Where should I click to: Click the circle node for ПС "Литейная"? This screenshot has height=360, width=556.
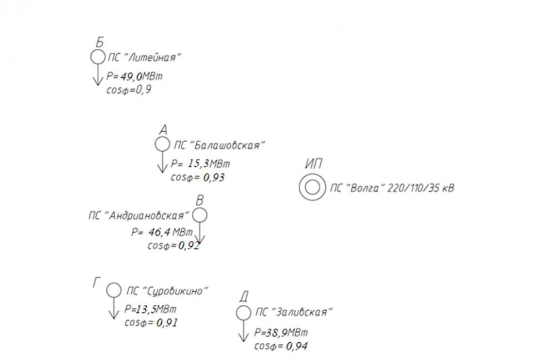click(97, 57)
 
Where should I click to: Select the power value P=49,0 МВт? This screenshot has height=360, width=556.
click(135, 77)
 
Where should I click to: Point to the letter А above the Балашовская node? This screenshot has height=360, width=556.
click(163, 130)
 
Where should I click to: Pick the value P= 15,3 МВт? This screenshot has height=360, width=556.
click(200, 164)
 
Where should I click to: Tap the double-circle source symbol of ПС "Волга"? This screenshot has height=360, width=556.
click(311, 187)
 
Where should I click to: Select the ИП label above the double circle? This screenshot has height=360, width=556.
click(315, 164)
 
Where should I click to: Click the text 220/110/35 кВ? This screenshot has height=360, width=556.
click(421, 188)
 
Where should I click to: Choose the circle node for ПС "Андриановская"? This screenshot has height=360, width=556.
click(200, 214)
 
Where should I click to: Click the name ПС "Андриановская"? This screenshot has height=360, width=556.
click(139, 215)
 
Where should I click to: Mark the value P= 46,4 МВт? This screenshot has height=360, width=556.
click(162, 232)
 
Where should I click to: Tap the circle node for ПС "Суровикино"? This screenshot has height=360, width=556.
click(113, 290)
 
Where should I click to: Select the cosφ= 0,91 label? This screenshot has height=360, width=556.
click(151, 323)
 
